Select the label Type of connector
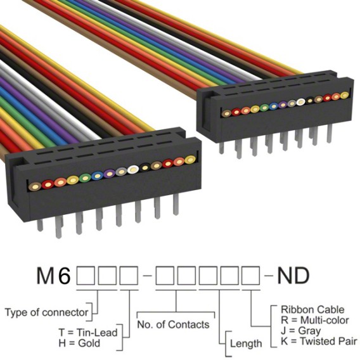tap(46, 312)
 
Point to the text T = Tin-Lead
tap(88, 332)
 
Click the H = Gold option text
tap(79, 343)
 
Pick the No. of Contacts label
tap(173, 325)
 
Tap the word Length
tap(246, 344)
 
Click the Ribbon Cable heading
tap(312, 309)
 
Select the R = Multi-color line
tap(315, 320)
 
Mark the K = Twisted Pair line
tap(319, 341)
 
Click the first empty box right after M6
tap(86, 276)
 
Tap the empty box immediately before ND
tap(251, 276)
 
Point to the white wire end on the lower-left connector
tap(132, 169)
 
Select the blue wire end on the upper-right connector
tap(273, 106)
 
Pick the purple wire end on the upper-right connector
tap(283, 105)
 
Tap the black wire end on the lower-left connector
tap(145, 168)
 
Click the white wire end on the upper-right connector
tap(300, 102)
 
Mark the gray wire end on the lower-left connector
tap(121, 172)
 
